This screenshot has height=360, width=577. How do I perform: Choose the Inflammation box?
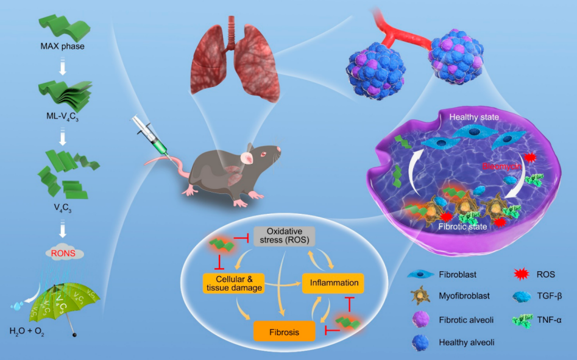click(333, 283)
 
